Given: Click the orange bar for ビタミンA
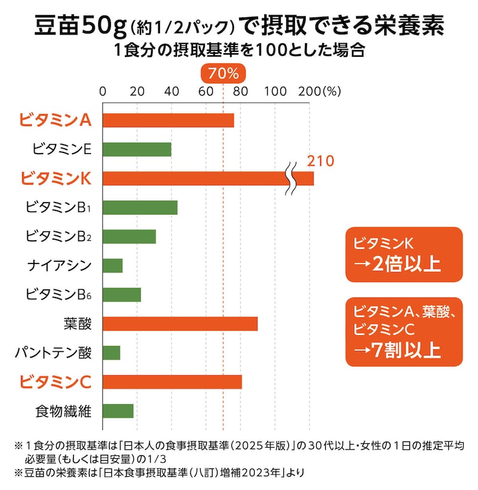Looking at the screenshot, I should pos(168,120).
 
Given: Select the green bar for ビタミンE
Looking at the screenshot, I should pos(137,149).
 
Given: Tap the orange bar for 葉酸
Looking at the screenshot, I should pos(180,323).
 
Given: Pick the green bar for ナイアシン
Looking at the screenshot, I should pos(112,265).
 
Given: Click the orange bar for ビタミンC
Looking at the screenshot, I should pos(172,381).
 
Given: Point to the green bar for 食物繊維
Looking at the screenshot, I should pos(118,411).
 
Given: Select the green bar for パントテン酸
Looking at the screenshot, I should pos(111,353).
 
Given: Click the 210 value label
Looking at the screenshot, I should pos(320,161).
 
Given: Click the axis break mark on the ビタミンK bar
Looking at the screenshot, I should pos(291,178).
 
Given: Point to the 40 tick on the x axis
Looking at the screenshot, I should pos(172,92).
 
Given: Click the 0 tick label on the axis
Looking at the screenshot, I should pos(103,92).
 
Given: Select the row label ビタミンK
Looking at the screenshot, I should pos(55,178).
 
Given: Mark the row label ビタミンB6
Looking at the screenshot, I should pos(59,294).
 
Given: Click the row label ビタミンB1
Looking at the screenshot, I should pos(59,207).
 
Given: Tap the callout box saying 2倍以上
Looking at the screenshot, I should pos(404,255).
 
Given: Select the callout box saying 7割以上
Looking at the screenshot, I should pos(404,332).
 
